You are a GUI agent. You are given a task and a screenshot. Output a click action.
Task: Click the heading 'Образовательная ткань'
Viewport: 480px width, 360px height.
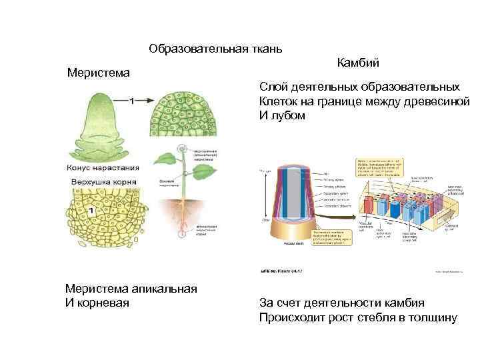click(216, 49)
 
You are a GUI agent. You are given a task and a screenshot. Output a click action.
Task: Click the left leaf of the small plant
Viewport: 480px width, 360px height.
click(165, 160)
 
